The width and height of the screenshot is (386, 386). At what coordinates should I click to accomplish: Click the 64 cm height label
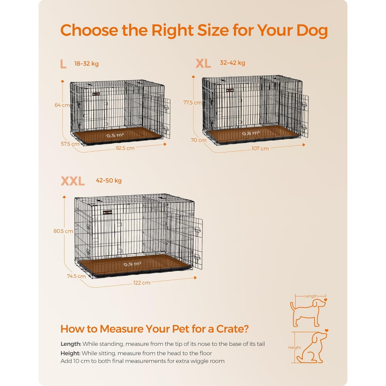tap(62, 105)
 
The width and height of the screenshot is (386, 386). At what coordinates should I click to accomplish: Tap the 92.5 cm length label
tap(125, 148)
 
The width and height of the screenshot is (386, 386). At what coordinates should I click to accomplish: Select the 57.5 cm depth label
tap(70, 144)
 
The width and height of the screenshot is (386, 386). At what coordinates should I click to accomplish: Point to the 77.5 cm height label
tap(193, 102)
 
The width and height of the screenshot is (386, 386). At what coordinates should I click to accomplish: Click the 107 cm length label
tap(260, 149)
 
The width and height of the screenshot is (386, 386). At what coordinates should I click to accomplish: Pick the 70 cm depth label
tap(199, 140)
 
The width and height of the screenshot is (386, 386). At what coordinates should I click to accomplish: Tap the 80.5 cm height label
tap(63, 231)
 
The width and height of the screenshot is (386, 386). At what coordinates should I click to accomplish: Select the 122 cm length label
tap(142, 283)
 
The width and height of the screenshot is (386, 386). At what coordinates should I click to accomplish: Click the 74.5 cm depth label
tap(76, 276)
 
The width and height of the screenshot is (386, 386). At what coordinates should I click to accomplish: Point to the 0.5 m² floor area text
tap(115, 135)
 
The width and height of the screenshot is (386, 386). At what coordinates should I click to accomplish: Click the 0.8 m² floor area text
tap(251, 134)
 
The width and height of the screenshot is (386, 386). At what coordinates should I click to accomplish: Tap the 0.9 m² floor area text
tap(132, 264)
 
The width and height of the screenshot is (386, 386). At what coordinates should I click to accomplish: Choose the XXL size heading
tap(73, 181)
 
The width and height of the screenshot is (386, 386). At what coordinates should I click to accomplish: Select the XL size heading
tap(203, 63)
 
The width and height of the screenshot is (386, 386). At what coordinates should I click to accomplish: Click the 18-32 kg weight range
tap(86, 64)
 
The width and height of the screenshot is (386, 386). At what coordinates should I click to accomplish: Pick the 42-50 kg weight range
tap(109, 180)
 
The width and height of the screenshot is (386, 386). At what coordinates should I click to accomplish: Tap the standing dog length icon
tap(308, 310)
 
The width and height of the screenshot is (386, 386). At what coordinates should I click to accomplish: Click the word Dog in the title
tap(312, 30)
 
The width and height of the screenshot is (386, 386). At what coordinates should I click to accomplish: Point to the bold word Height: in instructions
tap(70, 354)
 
